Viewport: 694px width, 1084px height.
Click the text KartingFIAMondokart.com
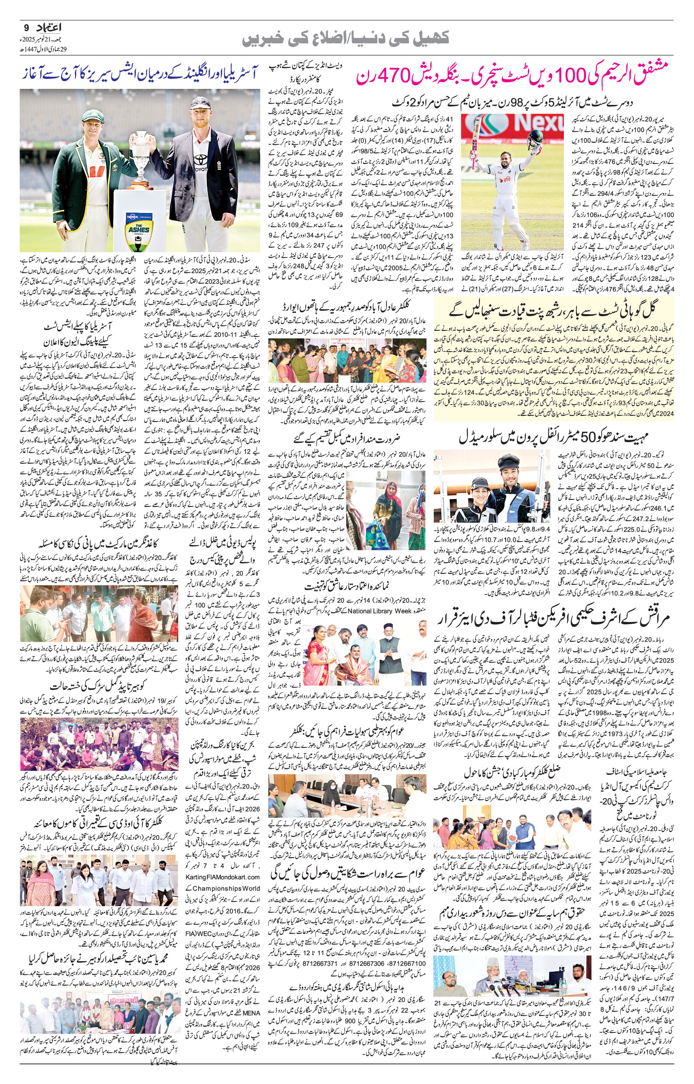pyautogui.click(x=223, y=877)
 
